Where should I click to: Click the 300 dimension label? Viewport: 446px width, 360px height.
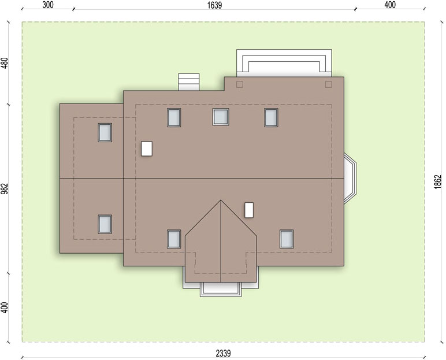[47, 5]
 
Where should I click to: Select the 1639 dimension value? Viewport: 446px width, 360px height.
[214, 5]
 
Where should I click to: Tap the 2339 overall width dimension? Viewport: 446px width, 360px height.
[223, 353]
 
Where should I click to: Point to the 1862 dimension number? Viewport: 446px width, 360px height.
[438, 181]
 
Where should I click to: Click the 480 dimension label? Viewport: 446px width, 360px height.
[5, 63]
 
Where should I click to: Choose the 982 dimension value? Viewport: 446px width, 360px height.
[5, 189]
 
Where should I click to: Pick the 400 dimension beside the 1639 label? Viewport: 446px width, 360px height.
[390, 5]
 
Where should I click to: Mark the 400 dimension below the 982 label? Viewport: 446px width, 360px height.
[5, 307]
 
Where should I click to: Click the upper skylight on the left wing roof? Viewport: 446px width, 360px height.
[105, 133]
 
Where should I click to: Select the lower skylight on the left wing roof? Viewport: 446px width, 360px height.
[105, 224]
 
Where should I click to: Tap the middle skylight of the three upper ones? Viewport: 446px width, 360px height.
[221, 117]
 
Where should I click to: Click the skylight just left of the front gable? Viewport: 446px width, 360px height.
[174, 239]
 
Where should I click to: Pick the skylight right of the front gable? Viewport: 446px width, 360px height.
[287, 239]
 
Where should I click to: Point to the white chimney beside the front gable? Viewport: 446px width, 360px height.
[249, 210]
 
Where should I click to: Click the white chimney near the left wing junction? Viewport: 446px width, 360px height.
[147, 149]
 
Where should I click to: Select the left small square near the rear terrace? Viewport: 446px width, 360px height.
[240, 84]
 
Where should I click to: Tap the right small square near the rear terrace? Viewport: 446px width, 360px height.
[329, 84]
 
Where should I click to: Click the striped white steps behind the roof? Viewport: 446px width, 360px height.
[188, 82]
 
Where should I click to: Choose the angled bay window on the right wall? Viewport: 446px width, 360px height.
[350, 179]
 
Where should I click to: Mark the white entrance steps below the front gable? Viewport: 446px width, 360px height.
[221, 290]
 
